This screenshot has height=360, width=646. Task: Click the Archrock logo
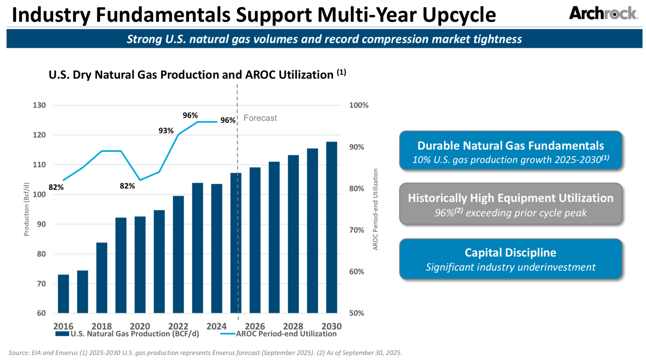pyautogui.click(x=603, y=14)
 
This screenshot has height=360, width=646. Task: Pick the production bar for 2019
pyautogui.click(x=121, y=265)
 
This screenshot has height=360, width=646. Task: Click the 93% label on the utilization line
pyautogui.click(x=166, y=131)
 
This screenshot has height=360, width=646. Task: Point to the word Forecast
pyautogui.click(x=260, y=118)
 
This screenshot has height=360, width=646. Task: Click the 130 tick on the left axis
pyautogui.click(x=39, y=105)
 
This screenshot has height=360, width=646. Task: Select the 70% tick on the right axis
pyautogui.click(x=356, y=230)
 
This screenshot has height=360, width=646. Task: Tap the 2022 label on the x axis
pyautogui.click(x=178, y=326)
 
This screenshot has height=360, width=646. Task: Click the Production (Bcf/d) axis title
pyautogui.click(x=26, y=209)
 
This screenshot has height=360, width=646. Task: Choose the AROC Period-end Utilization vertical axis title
pyautogui.click(x=375, y=209)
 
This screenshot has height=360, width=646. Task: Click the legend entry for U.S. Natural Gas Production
pyautogui.click(x=134, y=334)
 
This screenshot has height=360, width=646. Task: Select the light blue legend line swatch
pyautogui.click(x=228, y=334)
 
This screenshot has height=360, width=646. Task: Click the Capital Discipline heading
pyautogui.click(x=510, y=252)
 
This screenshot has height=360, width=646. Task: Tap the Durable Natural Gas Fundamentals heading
pyautogui.click(x=510, y=146)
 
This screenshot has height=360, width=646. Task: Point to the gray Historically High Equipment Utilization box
pyautogui.click(x=510, y=204)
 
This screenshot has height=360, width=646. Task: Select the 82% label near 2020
pyautogui.click(x=127, y=186)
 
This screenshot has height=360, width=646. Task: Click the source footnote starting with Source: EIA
pyautogui.click(x=205, y=353)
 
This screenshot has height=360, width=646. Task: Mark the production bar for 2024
pyautogui.click(x=217, y=249)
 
